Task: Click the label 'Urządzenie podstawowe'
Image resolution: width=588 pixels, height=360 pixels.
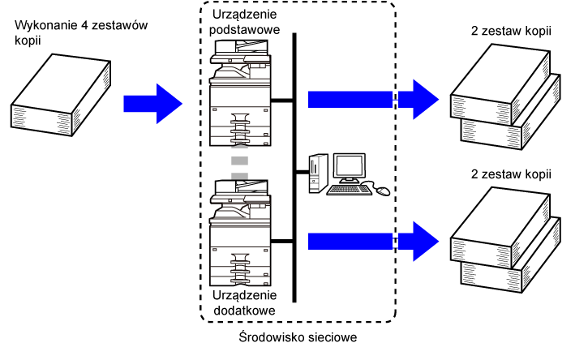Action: [x=244, y=22]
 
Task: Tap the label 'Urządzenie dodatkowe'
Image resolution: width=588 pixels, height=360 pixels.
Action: [x=244, y=303]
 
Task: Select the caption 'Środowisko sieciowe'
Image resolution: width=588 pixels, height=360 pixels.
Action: [x=298, y=337]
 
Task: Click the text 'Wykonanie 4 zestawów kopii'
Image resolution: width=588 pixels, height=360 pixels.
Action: [x=81, y=32]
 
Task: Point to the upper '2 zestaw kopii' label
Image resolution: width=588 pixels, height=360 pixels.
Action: [x=511, y=31]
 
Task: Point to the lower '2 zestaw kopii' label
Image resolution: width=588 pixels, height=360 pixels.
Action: [x=511, y=174]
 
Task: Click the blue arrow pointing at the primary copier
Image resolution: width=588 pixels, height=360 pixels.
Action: [x=152, y=104]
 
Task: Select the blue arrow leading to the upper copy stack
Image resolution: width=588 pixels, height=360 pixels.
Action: [x=373, y=100]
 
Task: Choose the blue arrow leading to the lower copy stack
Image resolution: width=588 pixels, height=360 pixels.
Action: [x=373, y=242]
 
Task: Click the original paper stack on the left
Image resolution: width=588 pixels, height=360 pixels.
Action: [x=61, y=95]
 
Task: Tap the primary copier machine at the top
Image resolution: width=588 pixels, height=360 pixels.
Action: [x=240, y=93]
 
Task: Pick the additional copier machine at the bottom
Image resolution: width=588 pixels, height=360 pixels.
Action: [x=240, y=234]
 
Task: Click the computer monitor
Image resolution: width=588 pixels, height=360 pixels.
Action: [x=350, y=168]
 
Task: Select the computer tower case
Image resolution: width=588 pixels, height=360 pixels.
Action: [x=318, y=174]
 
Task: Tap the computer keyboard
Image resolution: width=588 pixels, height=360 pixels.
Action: [x=350, y=190]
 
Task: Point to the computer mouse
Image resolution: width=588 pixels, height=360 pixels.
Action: [x=383, y=191]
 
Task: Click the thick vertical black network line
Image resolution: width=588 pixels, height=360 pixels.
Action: [x=294, y=168]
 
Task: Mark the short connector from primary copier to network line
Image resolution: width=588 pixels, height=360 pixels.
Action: [x=281, y=100]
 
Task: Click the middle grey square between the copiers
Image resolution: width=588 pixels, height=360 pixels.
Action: [x=239, y=161]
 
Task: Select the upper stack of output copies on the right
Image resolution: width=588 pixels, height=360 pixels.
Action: [x=505, y=96]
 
